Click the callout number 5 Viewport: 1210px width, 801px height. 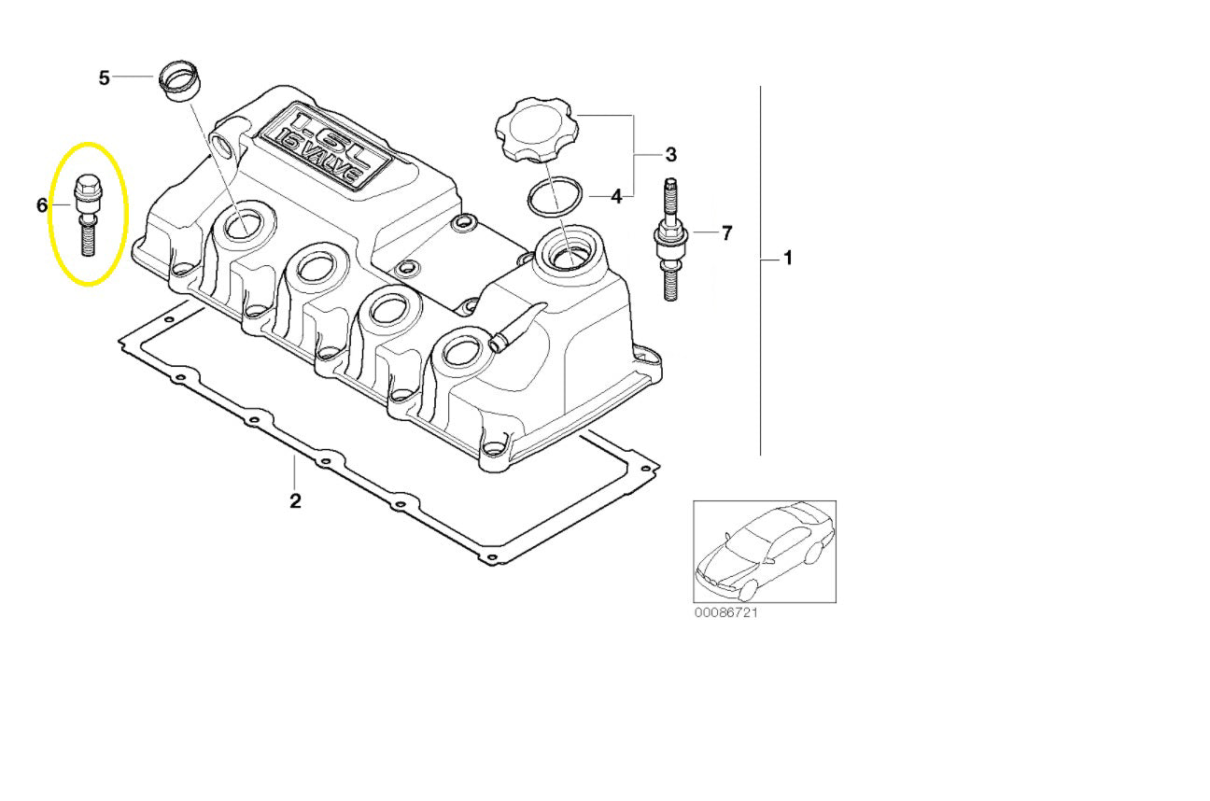pos(105,77)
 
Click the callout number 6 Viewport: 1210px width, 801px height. pos(42,204)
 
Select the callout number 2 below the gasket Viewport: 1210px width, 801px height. pos(295,500)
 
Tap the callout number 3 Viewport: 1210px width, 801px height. pos(670,153)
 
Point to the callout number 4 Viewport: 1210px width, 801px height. pos(616,196)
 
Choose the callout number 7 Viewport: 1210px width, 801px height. pos(727,232)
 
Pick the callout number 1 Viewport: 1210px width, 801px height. pos(787,258)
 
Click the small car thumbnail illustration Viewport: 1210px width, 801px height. pos(764,551)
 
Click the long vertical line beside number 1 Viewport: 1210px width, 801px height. pos(760,271)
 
